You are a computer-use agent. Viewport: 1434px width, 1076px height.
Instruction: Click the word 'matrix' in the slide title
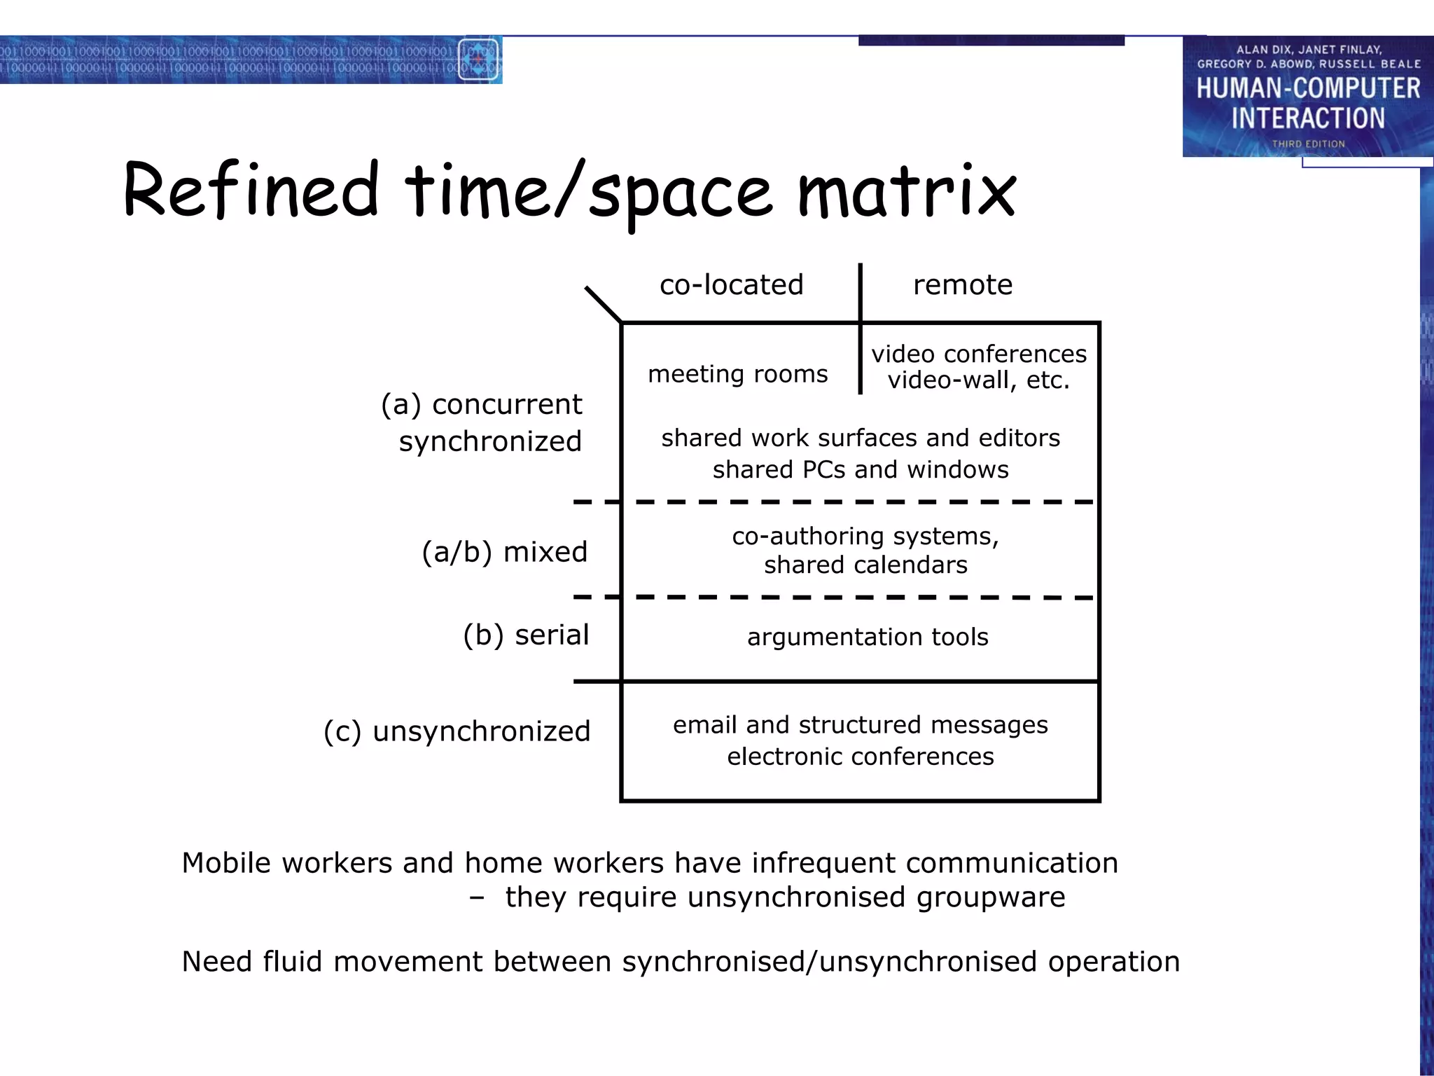pos(907,191)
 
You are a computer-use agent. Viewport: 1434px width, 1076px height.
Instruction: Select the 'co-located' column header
pos(731,285)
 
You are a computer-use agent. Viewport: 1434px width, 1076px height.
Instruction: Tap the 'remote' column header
pos(963,285)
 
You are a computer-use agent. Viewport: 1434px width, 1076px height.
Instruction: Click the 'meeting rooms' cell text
pos(737,374)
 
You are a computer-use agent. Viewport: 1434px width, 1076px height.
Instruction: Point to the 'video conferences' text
pos(979,354)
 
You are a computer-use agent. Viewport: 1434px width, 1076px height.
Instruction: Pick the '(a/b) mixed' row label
pos(504,552)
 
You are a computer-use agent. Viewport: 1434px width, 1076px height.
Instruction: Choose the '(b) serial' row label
pos(526,635)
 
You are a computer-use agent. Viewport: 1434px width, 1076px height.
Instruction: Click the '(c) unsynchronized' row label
pos(457,731)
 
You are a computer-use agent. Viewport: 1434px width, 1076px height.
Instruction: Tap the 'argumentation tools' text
pos(868,637)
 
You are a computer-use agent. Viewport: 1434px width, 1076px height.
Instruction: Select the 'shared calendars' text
pos(865,565)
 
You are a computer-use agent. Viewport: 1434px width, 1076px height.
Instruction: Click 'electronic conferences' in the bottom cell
pos(861,757)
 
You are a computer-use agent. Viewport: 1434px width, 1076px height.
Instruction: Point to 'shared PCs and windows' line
pos(861,469)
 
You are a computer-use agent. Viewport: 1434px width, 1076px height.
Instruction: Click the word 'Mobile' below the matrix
pos(225,863)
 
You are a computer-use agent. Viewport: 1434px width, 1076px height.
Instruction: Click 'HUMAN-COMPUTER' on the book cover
pos(1308,88)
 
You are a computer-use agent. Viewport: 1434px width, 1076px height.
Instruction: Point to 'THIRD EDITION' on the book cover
pos(1308,144)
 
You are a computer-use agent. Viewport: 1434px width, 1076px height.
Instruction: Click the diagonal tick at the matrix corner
pos(603,304)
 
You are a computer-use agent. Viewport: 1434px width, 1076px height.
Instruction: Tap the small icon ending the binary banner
pos(478,60)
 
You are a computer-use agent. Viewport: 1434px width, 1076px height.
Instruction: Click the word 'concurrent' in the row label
pos(507,405)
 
